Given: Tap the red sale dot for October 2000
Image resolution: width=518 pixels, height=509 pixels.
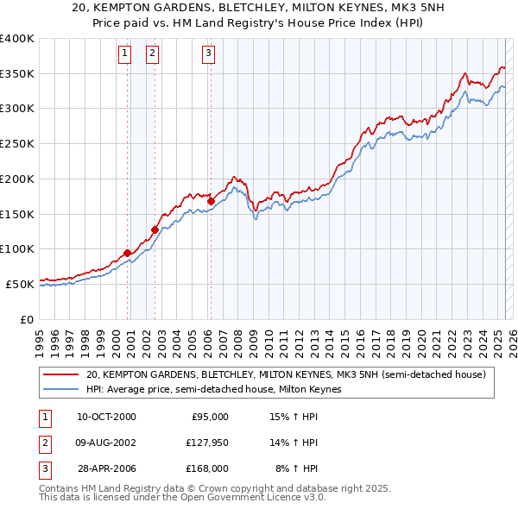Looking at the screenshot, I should tap(128, 253).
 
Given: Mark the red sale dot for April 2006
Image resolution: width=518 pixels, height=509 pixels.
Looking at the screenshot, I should tap(211, 201).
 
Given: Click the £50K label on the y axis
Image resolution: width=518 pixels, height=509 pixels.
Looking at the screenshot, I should tap(20, 284).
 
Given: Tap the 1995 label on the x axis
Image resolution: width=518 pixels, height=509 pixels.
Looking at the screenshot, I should tap(40, 336).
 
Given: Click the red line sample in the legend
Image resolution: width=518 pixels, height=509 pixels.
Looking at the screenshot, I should tap(60, 375).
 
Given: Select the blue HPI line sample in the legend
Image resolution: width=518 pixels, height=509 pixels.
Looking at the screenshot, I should tap(60, 389).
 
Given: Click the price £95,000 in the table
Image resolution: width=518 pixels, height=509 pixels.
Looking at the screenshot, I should tap(210, 417).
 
